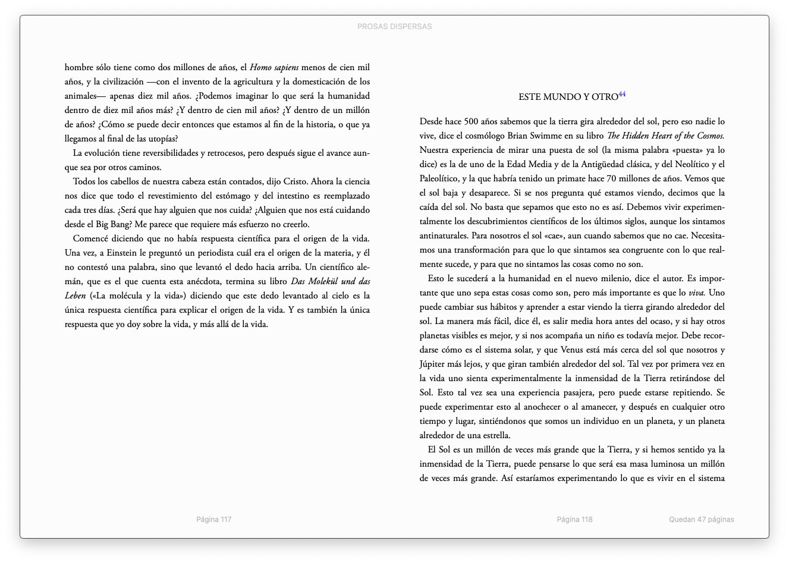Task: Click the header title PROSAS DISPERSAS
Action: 394,27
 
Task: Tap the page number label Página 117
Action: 213,520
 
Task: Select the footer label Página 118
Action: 574,520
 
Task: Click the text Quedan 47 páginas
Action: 701,520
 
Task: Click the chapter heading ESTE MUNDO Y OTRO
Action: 568,97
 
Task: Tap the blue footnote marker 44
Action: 622,95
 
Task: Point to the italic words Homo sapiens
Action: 274,68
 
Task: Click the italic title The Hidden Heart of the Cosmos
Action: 665,136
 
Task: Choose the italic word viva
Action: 696,292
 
